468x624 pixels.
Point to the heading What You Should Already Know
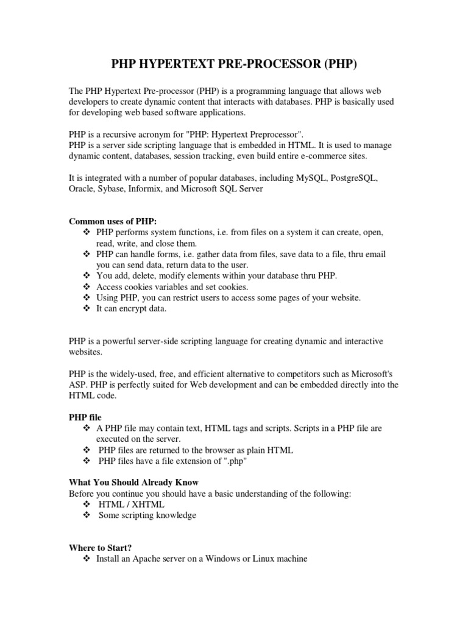tap(133, 481)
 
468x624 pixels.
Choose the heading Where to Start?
tap(101, 547)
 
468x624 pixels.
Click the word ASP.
tap(77, 385)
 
